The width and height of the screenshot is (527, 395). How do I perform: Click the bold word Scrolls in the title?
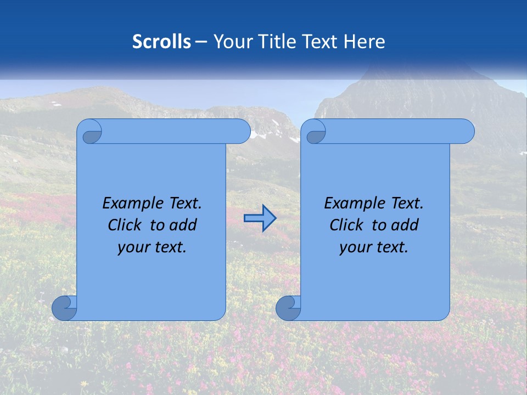pyautogui.click(x=161, y=42)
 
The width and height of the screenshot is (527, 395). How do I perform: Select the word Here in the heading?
pyautogui.click(x=365, y=42)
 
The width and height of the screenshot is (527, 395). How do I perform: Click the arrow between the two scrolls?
pyautogui.click(x=260, y=219)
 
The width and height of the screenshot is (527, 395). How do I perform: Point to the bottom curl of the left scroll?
pyautogui.click(x=64, y=308)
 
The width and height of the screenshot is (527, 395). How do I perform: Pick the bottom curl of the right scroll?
pyautogui.click(x=288, y=308)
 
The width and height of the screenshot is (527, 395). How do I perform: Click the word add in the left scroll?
pyautogui.click(x=183, y=225)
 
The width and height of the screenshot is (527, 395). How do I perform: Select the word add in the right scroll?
pyautogui.click(x=405, y=225)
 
